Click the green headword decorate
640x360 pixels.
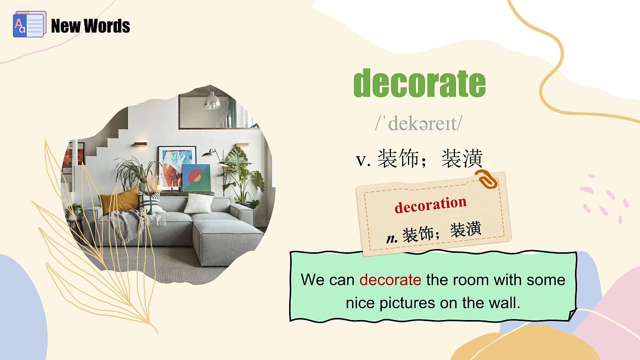[x=419, y=84]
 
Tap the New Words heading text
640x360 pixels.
[x=90, y=26]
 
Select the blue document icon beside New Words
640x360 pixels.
[x=29, y=25]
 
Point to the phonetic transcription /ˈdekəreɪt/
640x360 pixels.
[x=418, y=124]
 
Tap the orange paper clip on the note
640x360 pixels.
[x=487, y=179]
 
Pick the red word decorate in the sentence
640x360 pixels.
[x=390, y=279]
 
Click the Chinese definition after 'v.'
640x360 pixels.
[x=430, y=159]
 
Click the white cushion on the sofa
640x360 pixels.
[x=198, y=203]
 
